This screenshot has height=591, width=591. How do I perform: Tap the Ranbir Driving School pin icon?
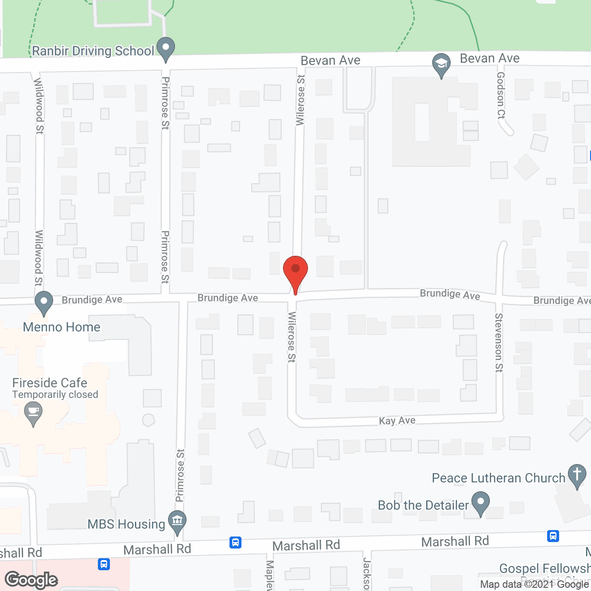click(x=165, y=48)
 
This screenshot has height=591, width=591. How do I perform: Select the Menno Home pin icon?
click(x=44, y=302)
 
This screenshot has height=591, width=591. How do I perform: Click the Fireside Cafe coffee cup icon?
click(x=33, y=411)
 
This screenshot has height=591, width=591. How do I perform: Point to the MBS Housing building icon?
click(x=177, y=521)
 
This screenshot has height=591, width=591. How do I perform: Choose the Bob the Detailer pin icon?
click(x=480, y=502)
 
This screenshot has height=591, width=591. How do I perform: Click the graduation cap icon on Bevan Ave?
click(x=441, y=65)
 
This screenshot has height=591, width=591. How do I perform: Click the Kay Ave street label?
click(x=397, y=421)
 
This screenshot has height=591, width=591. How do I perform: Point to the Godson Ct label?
click(x=501, y=96)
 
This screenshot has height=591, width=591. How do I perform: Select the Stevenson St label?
click(x=499, y=342)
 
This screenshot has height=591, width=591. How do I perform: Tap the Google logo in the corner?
click(x=31, y=580)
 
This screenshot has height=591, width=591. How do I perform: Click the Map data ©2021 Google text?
click(x=535, y=585)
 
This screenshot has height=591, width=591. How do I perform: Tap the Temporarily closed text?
click(x=55, y=395)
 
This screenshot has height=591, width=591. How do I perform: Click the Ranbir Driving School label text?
click(x=93, y=51)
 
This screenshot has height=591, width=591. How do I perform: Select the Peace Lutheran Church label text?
click(x=499, y=478)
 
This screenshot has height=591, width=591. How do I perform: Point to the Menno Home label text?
click(x=61, y=327)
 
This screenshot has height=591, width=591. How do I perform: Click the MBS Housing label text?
click(x=126, y=525)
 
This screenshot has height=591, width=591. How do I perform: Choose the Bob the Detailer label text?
click(x=423, y=506)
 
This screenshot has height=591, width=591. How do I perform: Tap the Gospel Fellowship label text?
click(x=545, y=568)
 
